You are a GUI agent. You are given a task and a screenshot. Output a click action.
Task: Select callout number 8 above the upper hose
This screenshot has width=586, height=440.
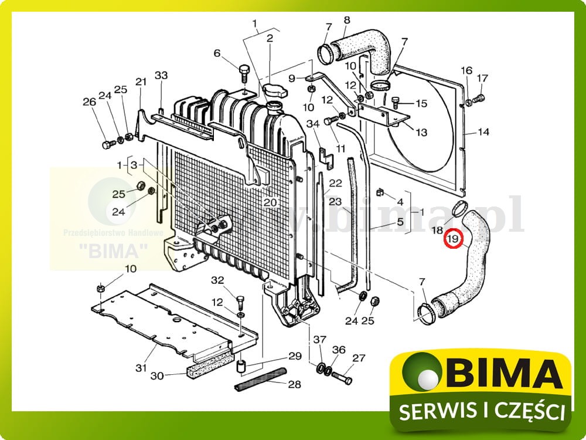[x=346, y=20]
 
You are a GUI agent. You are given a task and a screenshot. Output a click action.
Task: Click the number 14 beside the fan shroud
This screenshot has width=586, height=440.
[x=482, y=132]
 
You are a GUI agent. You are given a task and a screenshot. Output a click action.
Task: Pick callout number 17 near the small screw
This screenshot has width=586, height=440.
[x=482, y=79]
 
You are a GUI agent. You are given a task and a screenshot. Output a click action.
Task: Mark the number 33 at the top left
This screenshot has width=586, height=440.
[x=161, y=75]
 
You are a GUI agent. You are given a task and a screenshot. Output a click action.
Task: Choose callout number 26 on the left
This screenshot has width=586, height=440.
[x=89, y=102]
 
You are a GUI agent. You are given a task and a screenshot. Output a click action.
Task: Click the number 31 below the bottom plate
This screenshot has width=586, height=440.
[x=141, y=368]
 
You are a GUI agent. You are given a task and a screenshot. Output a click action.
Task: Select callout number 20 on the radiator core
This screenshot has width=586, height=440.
[x=270, y=202]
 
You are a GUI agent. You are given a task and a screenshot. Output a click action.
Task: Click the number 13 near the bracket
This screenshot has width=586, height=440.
[x=421, y=133]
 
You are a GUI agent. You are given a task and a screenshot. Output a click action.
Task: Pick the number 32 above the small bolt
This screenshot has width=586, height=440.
[x=218, y=281]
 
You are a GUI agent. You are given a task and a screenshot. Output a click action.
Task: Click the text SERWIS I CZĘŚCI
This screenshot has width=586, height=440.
[x=482, y=411]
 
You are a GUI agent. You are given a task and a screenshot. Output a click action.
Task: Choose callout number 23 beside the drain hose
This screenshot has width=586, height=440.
[x=335, y=201]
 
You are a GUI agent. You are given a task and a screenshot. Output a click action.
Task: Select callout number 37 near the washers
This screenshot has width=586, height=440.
[x=320, y=340]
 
